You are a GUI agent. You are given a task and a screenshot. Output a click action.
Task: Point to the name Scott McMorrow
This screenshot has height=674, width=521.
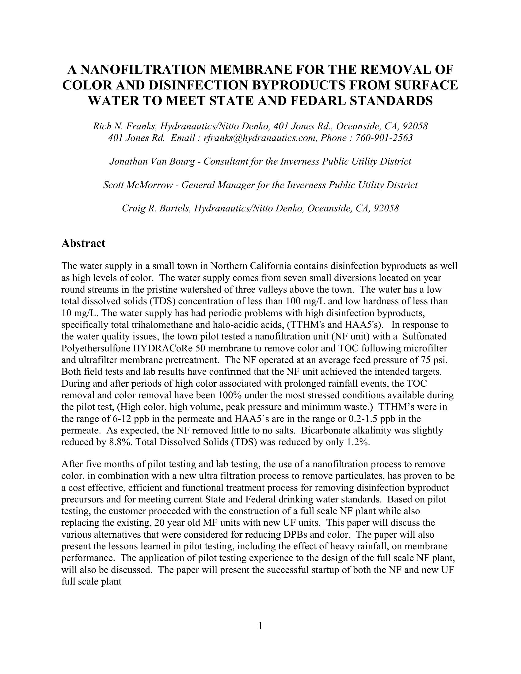pos(138,185)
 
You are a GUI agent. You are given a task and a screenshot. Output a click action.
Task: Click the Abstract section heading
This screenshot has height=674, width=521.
pos(83,243)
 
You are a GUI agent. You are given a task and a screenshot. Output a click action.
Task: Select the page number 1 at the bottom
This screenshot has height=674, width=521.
pos(260,626)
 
